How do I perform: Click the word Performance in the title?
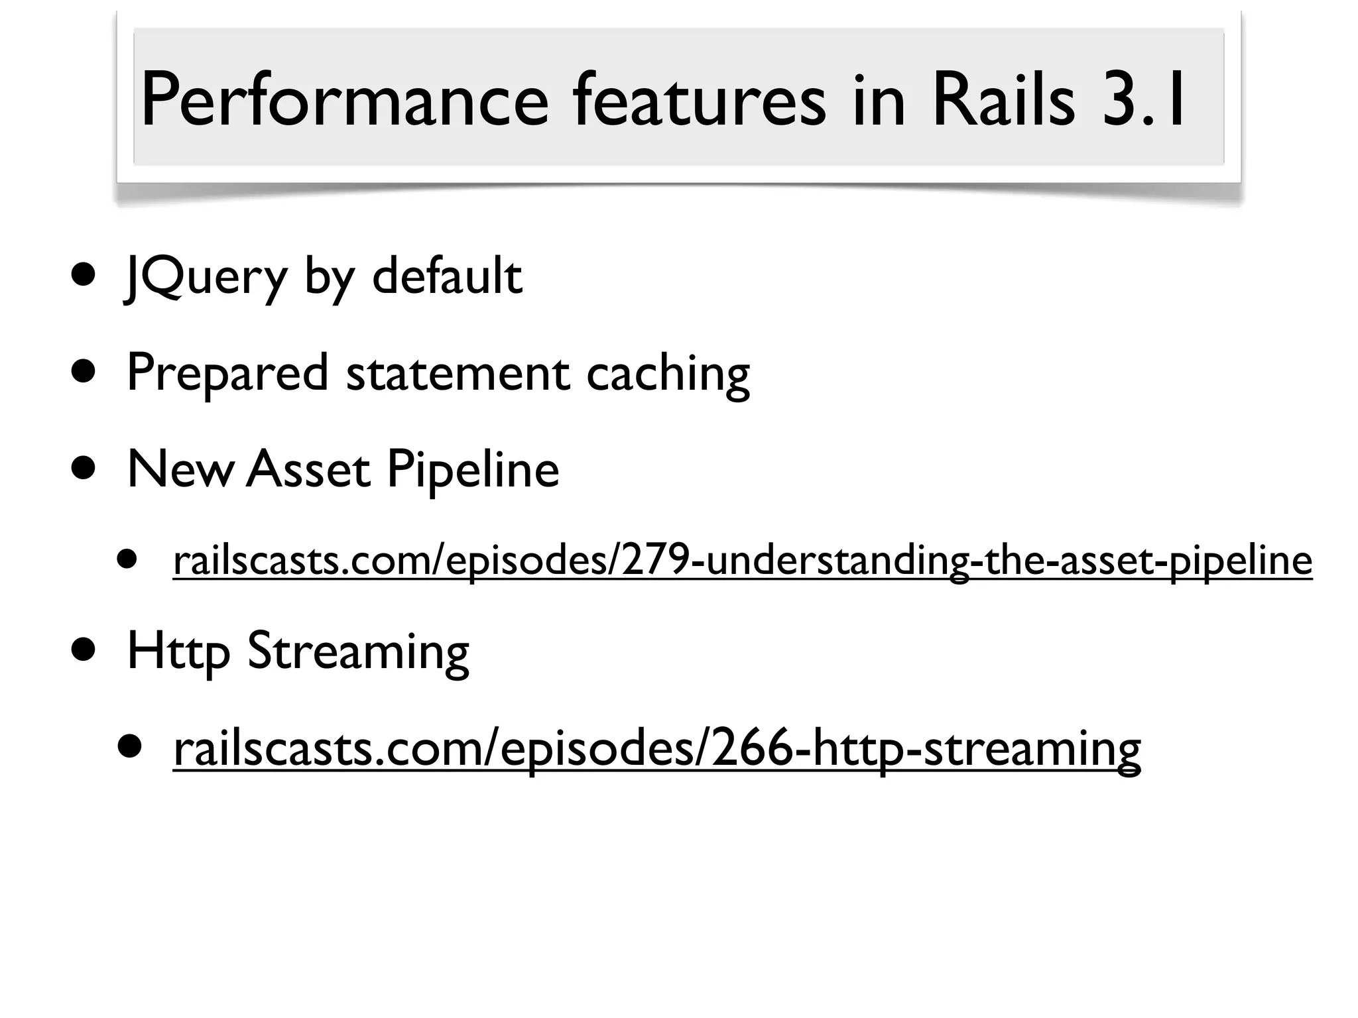344,101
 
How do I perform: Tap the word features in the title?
699,101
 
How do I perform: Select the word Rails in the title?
1003,101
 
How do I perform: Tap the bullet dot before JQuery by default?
84,276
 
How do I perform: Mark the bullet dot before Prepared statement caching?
84,373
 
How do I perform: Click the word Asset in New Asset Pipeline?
308,469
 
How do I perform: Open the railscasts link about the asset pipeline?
742,561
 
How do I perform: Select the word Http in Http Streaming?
178,652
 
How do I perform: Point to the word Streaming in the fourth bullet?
358,652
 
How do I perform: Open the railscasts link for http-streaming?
656,748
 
